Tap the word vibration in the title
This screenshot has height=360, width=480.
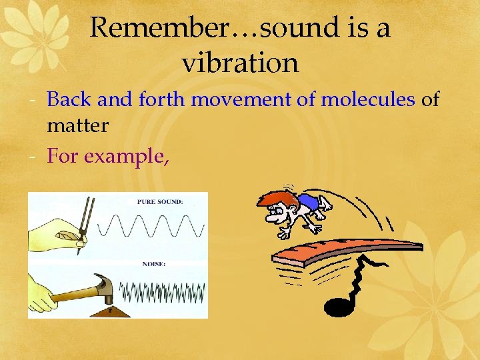coord(240,63)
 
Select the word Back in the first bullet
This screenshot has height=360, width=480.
coord(70,100)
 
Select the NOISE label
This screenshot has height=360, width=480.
coord(155,265)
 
